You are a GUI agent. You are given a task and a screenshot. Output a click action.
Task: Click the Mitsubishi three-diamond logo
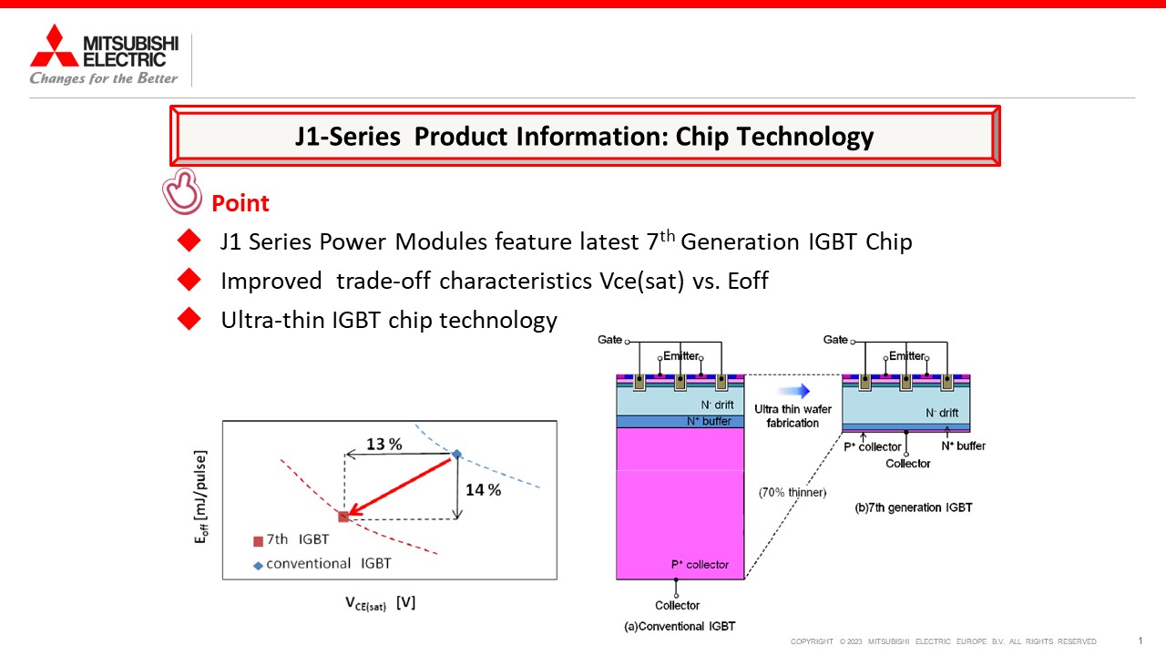(54, 46)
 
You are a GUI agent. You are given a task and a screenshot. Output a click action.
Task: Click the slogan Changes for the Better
(104, 78)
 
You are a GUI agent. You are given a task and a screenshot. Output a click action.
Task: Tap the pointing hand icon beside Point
(181, 191)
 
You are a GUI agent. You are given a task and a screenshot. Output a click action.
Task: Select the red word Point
(240, 203)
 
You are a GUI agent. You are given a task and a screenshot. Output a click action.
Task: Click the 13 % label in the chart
(384, 444)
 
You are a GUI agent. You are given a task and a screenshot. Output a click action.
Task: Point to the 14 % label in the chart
(483, 490)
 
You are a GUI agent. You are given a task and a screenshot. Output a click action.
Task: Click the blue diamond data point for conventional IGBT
(456, 454)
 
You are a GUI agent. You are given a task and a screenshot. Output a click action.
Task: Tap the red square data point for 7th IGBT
(343, 517)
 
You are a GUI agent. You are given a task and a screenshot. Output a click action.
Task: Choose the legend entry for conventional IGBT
(322, 564)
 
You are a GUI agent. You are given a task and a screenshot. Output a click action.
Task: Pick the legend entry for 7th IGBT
(291, 540)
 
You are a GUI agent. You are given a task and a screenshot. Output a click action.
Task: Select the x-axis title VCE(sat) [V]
(381, 603)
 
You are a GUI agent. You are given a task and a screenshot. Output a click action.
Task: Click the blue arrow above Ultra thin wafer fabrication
(793, 391)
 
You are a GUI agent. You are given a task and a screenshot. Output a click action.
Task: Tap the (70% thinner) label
(793, 493)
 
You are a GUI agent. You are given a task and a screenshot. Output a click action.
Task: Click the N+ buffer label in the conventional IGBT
(709, 421)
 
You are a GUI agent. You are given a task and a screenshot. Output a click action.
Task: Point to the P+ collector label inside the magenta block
(700, 564)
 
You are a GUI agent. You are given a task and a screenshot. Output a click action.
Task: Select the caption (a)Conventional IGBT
(680, 626)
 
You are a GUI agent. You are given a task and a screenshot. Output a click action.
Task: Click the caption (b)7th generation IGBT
(914, 507)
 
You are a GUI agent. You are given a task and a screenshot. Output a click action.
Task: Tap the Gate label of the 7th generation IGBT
(835, 340)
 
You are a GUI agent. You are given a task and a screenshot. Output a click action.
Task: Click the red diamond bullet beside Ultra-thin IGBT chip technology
(189, 319)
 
